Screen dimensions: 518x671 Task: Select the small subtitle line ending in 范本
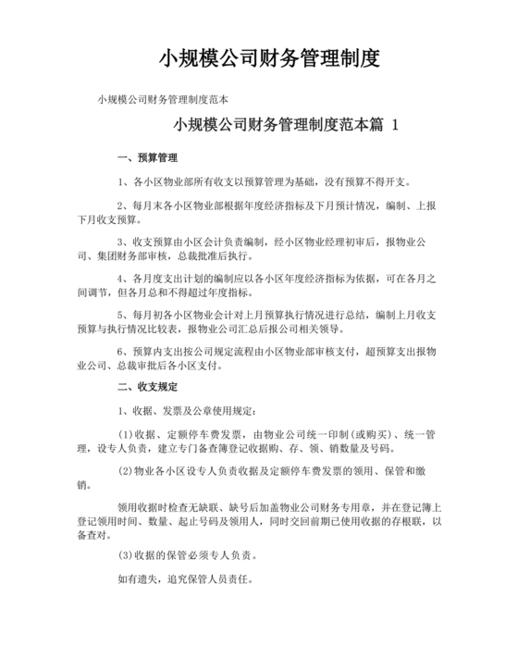click(x=163, y=99)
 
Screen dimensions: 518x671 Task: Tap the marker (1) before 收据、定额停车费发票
click(x=127, y=435)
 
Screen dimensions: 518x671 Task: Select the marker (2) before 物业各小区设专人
click(x=127, y=471)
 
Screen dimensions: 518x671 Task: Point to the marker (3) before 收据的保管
click(x=127, y=556)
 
